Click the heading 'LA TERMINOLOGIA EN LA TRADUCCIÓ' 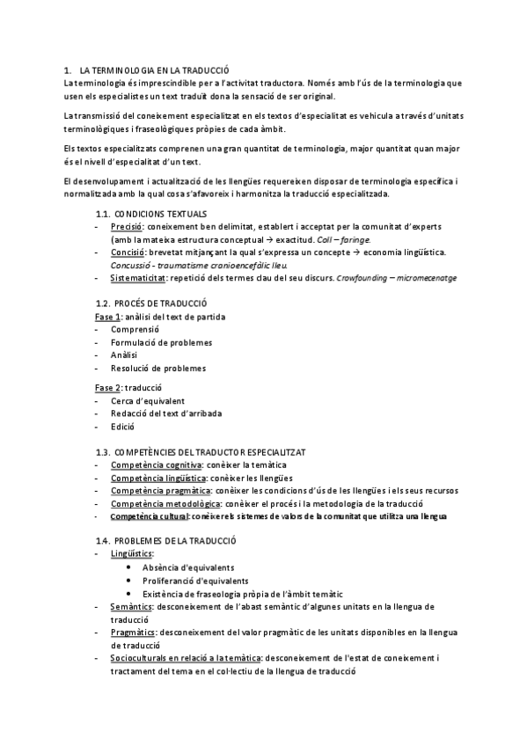point(154,69)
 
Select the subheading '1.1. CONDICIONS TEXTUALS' point(151,214)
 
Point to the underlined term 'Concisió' point(128,252)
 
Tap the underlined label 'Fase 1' point(106,317)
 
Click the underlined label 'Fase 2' point(106,387)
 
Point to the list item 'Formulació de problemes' point(161,342)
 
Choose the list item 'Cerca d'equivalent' point(148,400)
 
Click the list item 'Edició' point(123,426)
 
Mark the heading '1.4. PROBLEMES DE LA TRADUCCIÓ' point(165,542)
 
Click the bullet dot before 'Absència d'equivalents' point(130,568)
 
